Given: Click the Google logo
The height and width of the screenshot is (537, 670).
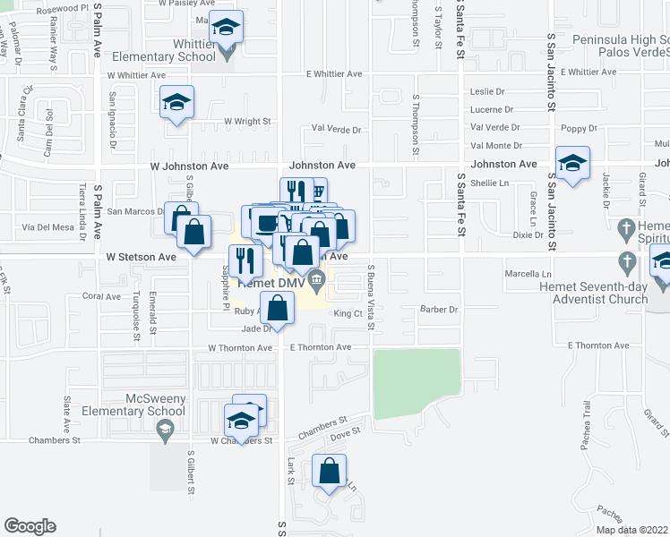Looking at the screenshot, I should coord(30,526).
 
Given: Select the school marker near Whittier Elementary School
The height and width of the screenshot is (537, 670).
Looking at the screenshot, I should coord(227,30).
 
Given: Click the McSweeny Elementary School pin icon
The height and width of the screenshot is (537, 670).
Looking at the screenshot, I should coord(164,432).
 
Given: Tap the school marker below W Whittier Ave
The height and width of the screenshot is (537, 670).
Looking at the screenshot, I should coord(176,102).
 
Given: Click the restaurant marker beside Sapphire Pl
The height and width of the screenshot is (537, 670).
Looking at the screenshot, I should coord(244,260).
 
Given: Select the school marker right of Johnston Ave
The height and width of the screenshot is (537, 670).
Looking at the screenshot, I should coord(571,164).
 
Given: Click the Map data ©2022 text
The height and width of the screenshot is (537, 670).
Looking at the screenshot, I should coord(631,530).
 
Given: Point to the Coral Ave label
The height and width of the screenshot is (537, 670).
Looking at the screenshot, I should coord(100,295).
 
